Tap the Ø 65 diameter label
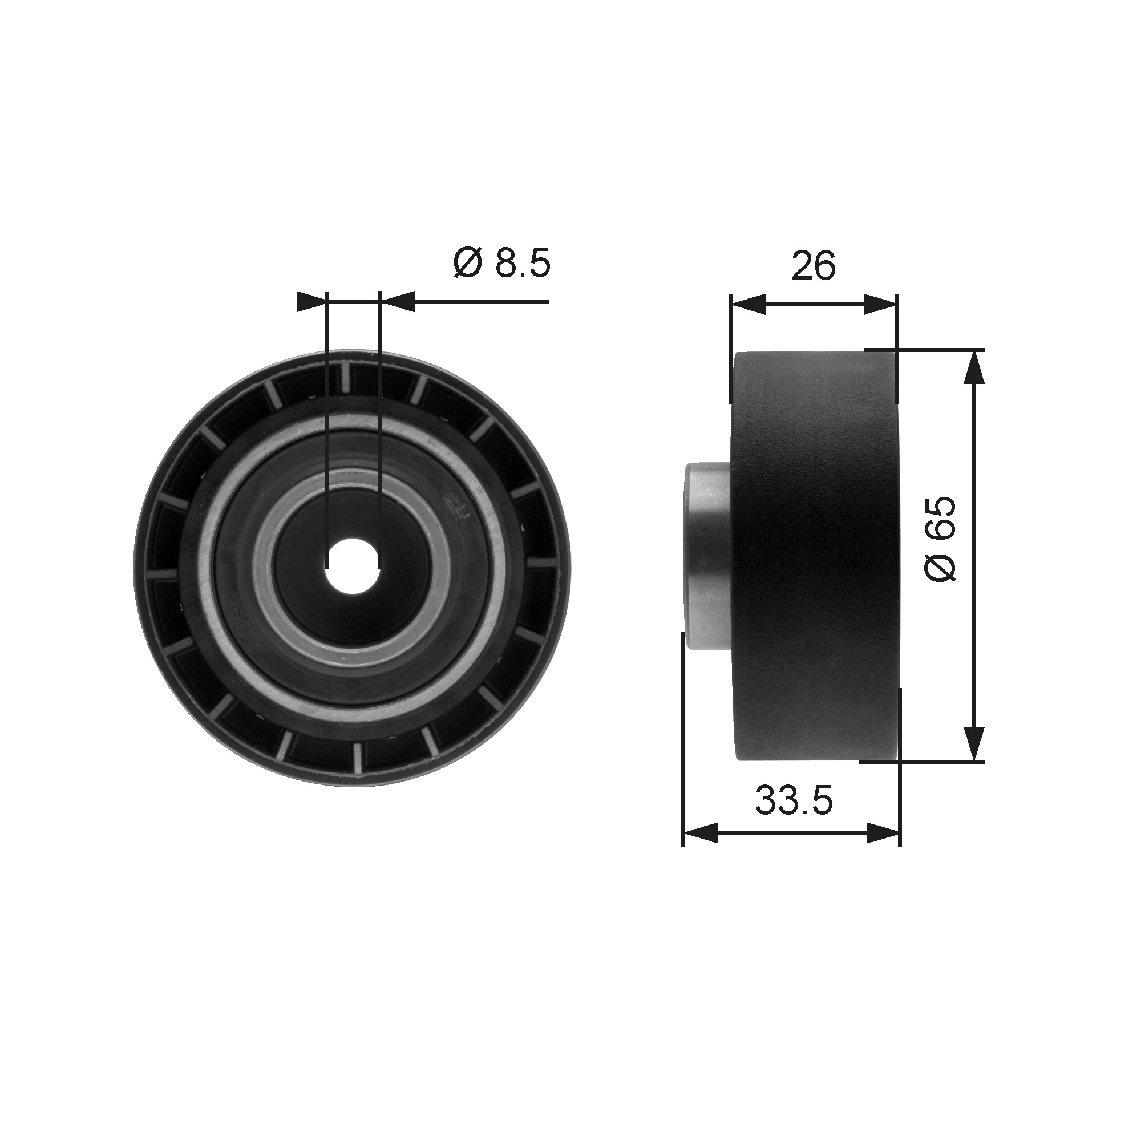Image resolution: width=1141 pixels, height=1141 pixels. pos(940,539)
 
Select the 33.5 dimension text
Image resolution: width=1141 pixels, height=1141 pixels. pos(794,800)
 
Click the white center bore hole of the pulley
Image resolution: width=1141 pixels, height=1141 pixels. pos(353,566)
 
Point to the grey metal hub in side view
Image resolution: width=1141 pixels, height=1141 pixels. pos(707,556)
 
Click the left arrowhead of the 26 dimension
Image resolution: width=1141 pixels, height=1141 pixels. pos(748,305)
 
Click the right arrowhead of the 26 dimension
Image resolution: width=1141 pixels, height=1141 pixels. pos(880,305)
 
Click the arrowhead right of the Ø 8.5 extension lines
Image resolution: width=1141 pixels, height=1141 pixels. pos(397,301)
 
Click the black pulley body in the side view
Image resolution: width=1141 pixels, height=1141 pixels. pos(815,556)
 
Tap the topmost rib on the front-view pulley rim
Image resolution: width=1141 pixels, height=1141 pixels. pos(346,378)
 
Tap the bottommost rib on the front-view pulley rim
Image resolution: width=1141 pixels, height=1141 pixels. pos(358,756)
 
